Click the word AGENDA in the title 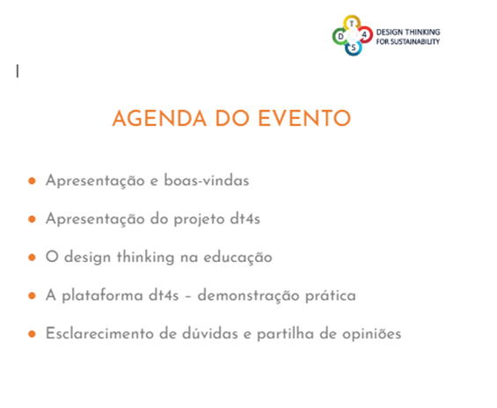tap(160, 119)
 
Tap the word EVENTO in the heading tap(304, 119)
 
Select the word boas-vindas tap(207, 180)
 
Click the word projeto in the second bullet tap(200, 220)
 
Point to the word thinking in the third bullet tap(145, 258)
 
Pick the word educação tap(238, 258)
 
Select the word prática tap(330, 295)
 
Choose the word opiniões tap(371, 334)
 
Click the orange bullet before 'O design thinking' tap(32, 258)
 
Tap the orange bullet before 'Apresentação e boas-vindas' tap(32, 180)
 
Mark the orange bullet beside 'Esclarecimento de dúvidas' tap(32, 334)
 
